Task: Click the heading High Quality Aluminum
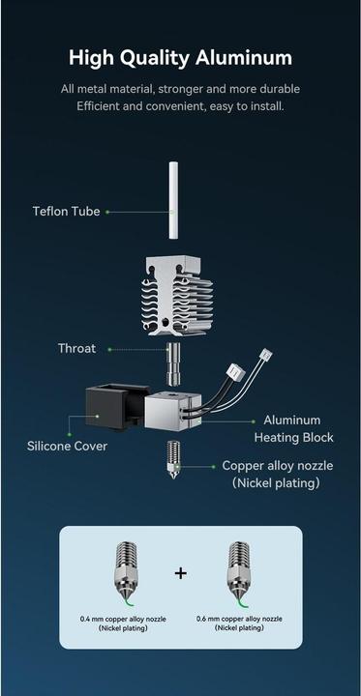pos(180,59)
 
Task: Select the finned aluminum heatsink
pos(181,294)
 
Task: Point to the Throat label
pos(76,348)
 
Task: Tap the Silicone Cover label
pos(67,447)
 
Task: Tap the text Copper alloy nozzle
pos(278,466)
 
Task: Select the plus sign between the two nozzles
pos(180,573)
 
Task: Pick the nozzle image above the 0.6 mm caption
pos(237,570)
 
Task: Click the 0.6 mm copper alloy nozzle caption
pos(238,618)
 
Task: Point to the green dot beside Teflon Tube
pos(108,211)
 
